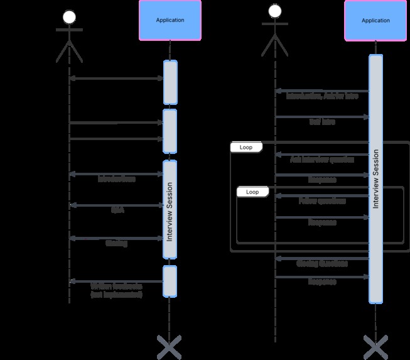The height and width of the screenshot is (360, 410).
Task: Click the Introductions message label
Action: pos(117,179)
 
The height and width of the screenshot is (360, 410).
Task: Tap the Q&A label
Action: pos(117,211)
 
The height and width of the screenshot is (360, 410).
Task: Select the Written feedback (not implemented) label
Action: pos(117,290)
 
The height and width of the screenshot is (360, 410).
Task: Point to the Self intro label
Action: pos(321,122)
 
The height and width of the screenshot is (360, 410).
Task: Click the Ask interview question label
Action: pos(321,160)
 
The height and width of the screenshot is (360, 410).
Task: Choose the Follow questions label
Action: pos(321,202)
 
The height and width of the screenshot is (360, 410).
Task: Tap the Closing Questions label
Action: pos(321,263)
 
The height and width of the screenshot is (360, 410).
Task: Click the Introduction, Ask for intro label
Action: pos(321,97)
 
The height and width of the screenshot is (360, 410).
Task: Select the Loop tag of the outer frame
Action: pos(245,147)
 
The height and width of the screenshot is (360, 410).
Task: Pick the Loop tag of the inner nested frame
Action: pos(252,191)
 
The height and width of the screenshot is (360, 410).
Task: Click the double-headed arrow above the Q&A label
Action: pos(117,205)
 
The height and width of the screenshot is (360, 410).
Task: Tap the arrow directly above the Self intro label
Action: pos(321,117)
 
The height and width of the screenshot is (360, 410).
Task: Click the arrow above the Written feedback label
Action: pos(117,281)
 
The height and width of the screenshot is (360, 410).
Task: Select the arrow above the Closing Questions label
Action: pos(321,258)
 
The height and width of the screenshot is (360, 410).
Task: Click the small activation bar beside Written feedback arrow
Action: pos(170,281)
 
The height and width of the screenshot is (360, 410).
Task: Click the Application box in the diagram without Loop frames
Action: pos(170,20)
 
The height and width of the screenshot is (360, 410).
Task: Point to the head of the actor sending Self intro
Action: pos(275,11)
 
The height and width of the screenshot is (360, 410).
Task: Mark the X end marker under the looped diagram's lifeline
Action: pos(375,347)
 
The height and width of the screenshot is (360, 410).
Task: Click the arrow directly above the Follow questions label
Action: pos(321,195)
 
